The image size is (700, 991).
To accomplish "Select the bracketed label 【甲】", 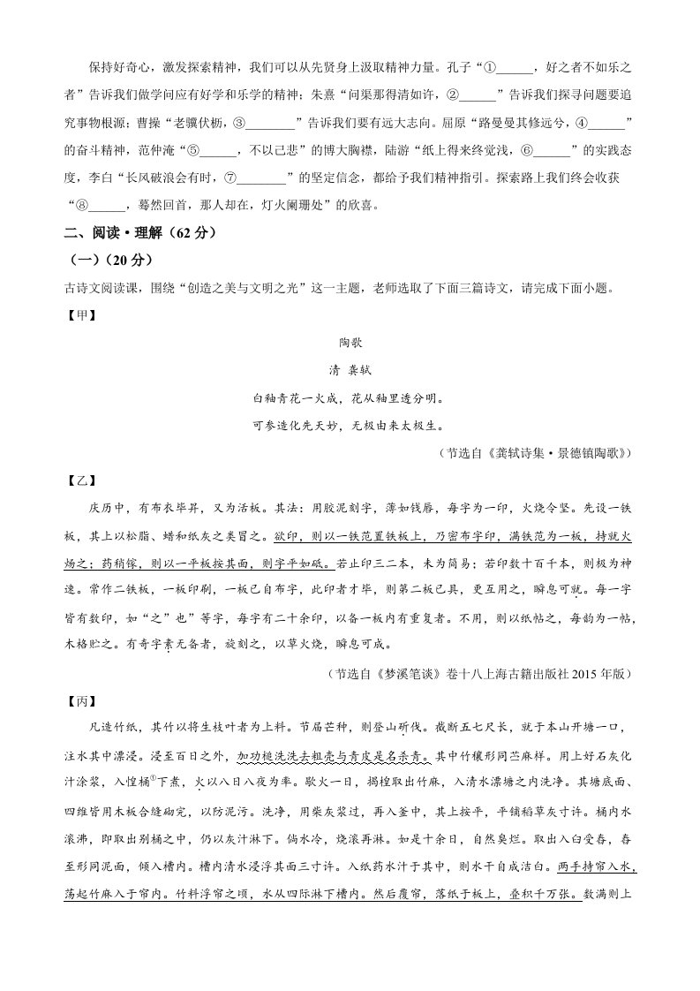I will [x=79, y=314].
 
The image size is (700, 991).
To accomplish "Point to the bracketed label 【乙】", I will [x=79, y=481].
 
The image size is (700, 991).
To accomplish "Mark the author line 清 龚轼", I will [x=350, y=370].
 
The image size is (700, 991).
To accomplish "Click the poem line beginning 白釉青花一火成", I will [x=350, y=398].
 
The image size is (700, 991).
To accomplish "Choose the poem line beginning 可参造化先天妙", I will [x=350, y=426].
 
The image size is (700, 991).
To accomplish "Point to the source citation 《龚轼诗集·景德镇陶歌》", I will [x=543, y=453].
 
